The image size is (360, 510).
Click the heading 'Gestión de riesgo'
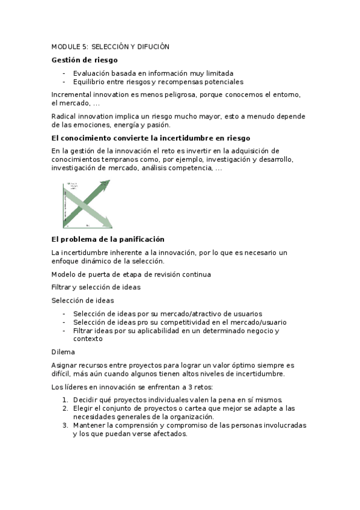[x=84, y=60]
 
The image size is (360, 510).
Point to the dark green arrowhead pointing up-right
[x=106, y=186]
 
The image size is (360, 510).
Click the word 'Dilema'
[x=63, y=352]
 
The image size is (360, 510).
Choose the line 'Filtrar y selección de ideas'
[x=96, y=287]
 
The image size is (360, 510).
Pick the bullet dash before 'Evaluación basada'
[x=64, y=73]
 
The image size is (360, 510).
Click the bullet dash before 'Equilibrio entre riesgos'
[x=64, y=81]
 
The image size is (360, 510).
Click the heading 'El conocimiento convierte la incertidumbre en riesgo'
[x=150, y=138]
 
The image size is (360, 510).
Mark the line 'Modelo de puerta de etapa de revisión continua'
[x=131, y=274]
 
